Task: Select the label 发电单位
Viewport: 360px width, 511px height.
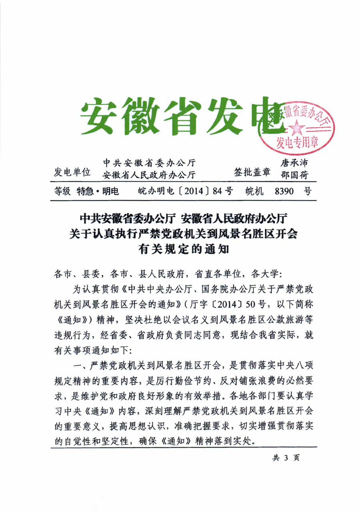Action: click(x=72, y=172)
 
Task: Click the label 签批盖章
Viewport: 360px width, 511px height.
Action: click(x=252, y=172)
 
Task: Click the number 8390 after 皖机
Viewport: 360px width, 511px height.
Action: click(x=284, y=192)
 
